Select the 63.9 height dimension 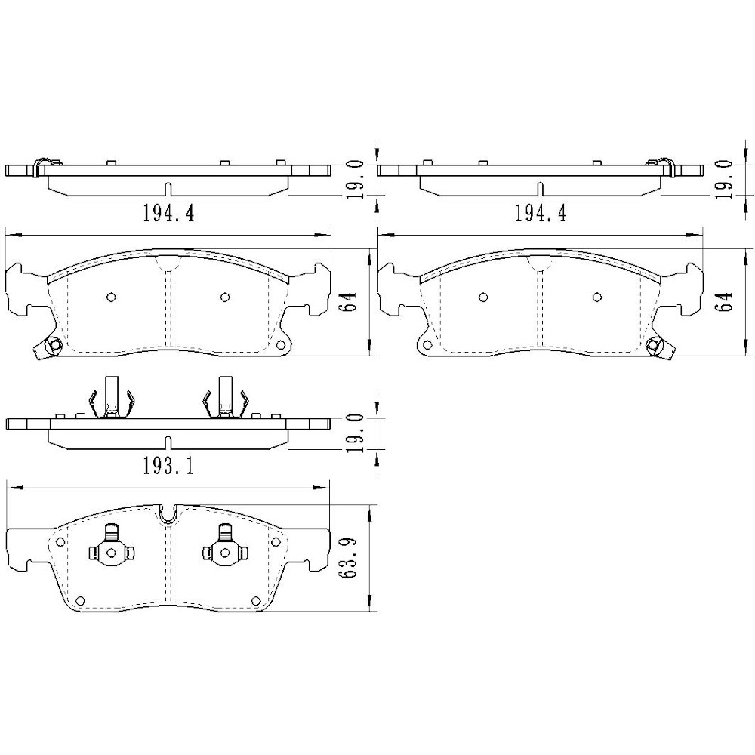(x=349, y=558)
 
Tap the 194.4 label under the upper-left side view (x=168, y=214)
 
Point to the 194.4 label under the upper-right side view (x=540, y=214)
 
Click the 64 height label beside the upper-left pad (x=350, y=302)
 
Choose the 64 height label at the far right (x=727, y=302)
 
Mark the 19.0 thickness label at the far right (x=727, y=178)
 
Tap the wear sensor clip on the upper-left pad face (x=51, y=348)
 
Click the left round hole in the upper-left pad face (x=111, y=297)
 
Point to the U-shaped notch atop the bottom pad (x=168, y=513)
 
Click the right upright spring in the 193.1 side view (x=224, y=397)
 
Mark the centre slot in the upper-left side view (x=168, y=187)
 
